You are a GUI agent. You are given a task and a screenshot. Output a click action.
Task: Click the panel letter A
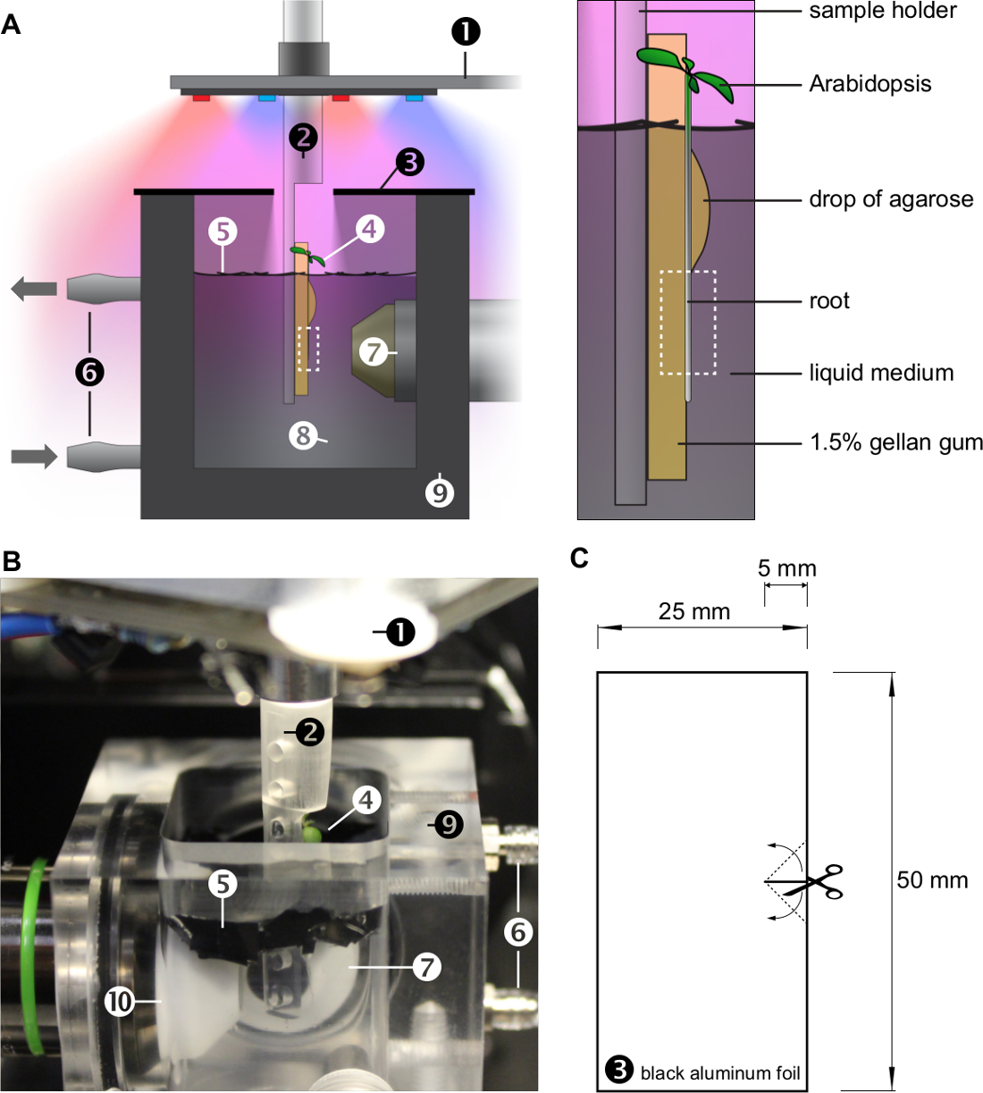(11, 25)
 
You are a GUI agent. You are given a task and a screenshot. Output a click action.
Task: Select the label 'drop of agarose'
(891, 199)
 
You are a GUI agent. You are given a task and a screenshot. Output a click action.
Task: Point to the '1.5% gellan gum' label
(896, 442)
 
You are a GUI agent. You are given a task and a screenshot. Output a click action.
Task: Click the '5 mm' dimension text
(786, 568)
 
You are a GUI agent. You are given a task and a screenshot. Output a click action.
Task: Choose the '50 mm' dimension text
(932, 880)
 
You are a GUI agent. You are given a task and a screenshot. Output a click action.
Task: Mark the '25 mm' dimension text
(693, 612)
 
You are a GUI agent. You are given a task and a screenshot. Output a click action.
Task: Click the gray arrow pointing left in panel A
(34, 289)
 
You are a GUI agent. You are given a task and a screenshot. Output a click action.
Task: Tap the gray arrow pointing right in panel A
(34, 457)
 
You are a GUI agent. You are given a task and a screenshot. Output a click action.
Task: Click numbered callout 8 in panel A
(303, 436)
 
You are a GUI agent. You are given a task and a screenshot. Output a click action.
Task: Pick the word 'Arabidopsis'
(870, 84)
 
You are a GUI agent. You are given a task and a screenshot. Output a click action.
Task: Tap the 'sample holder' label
(883, 11)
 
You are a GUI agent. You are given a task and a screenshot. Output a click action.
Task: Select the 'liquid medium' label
(882, 374)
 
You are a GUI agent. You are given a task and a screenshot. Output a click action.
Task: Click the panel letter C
(579, 559)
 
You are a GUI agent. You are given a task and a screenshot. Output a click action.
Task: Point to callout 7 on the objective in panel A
(374, 352)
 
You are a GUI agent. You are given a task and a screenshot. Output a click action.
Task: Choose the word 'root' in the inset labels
(829, 301)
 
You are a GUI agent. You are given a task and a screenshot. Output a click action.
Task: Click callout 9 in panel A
(440, 493)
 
